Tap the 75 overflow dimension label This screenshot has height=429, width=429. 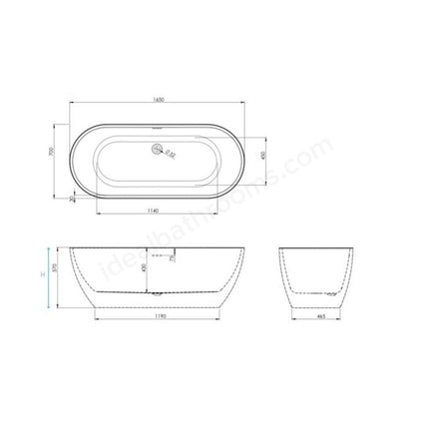[173, 258]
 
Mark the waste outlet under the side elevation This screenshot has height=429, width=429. [155, 294]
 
